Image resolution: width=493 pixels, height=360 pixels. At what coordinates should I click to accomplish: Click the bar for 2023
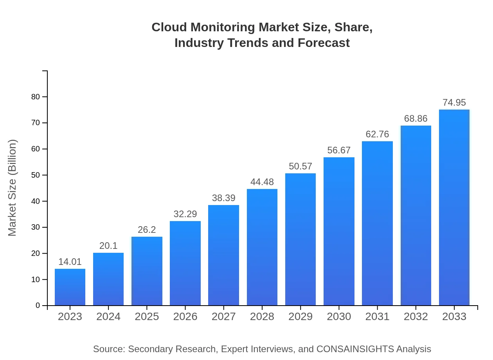[70, 287]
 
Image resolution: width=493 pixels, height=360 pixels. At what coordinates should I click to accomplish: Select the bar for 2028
[262, 247]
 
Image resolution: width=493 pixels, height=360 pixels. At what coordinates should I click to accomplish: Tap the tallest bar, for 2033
[454, 207]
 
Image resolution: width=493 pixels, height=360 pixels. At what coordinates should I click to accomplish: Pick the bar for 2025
[147, 271]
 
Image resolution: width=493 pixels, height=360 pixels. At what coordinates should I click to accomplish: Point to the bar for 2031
[377, 223]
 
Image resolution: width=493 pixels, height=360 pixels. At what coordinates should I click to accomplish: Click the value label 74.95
[454, 103]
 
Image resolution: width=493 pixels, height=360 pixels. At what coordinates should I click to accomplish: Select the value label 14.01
[70, 262]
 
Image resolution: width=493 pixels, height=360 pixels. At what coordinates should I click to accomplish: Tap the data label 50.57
[300, 166]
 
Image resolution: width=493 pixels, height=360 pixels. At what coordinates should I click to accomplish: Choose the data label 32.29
[185, 214]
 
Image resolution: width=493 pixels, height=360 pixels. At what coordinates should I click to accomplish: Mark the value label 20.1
[108, 246]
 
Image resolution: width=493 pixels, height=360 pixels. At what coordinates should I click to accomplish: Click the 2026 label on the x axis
[185, 317]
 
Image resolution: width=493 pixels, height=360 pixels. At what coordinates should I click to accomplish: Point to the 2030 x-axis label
[339, 317]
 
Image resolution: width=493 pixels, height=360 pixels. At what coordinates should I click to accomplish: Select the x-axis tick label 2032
[416, 317]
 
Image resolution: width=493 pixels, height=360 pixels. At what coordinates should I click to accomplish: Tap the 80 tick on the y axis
[36, 97]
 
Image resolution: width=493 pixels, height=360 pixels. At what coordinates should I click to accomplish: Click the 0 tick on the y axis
[38, 306]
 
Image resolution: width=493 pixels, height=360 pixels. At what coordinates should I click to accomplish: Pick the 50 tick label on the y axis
[36, 175]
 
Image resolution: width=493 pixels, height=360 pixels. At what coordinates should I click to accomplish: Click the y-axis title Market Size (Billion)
[13, 188]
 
